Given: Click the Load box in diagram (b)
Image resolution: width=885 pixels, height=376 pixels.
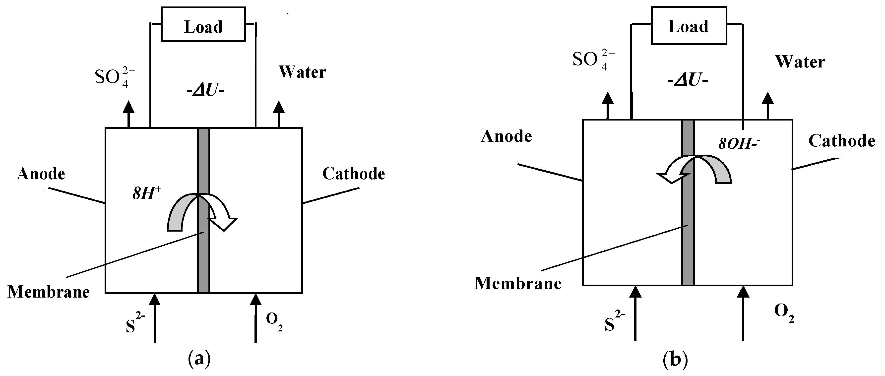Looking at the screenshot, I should [x=689, y=26].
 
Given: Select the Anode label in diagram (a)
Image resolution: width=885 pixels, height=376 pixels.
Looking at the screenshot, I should [x=41, y=174].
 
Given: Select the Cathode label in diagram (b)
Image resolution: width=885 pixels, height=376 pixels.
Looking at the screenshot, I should [x=841, y=141].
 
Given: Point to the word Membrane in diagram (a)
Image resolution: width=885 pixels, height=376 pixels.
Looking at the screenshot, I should [x=49, y=292].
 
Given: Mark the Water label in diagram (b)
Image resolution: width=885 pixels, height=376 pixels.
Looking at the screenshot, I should [x=800, y=62].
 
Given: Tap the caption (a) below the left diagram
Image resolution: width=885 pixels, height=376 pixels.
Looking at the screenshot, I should [x=199, y=359].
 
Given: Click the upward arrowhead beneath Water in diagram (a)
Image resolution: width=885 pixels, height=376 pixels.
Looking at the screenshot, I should [x=279, y=107].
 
